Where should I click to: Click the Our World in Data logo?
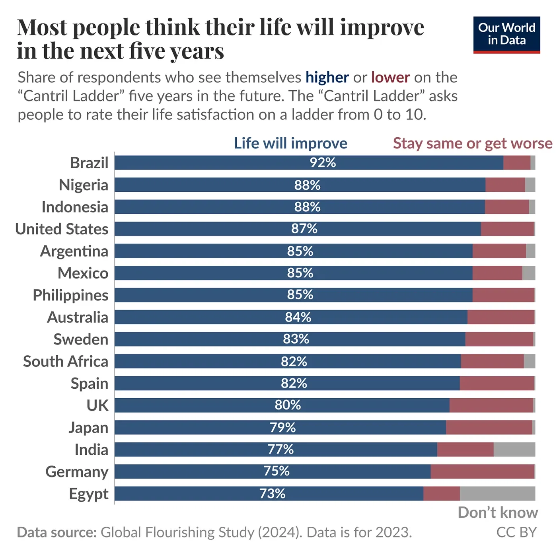(x=506, y=35)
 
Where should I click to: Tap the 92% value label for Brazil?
(x=323, y=163)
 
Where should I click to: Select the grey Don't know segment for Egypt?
(x=497, y=493)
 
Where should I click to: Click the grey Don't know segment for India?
(x=514, y=449)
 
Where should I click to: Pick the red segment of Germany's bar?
(x=482, y=471)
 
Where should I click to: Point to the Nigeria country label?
(x=84, y=185)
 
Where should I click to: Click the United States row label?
(x=62, y=229)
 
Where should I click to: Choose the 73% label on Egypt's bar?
(x=272, y=493)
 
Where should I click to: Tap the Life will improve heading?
(x=290, y=143)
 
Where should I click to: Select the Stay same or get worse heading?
(x=472, y=143)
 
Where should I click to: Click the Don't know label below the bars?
(x=497, y=512)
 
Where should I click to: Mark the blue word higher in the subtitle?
(x=327, y=77)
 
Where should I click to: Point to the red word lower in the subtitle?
(x=390, y=77)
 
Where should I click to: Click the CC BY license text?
(x=516, y=532)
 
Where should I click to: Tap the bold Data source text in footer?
(x=57, y=532)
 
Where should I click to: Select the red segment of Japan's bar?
(x=489, y=427)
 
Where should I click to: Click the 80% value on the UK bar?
(x=288, y=405)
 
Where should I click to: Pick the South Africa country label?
(x=66, y=361)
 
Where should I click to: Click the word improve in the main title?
(x=382, y=28)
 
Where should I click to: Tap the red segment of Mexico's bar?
(x=497, y=273)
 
